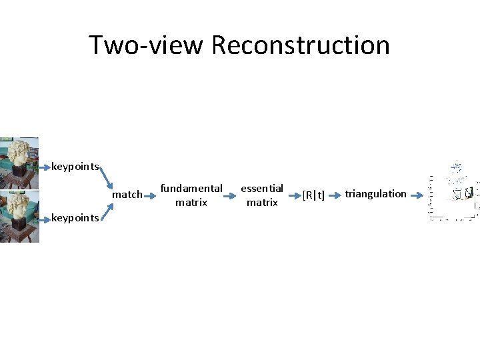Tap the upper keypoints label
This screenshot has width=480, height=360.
(x=75, y=166)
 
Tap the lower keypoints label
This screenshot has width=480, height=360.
(x=75, y=217)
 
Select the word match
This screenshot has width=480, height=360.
(x=127, y=195)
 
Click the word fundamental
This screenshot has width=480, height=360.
(x=191, y=188)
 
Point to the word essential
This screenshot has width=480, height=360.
(x=262, y=188)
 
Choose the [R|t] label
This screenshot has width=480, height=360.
(x=313, y=195)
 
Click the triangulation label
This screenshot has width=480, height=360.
(x=375, y=193)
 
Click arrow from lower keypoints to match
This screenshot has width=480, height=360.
(x=105, y=207)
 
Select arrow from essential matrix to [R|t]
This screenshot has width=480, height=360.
(x=293, y=195)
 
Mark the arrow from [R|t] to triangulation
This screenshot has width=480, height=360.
(x=335, y=195)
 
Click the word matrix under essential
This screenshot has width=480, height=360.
(x=262, y=202)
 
